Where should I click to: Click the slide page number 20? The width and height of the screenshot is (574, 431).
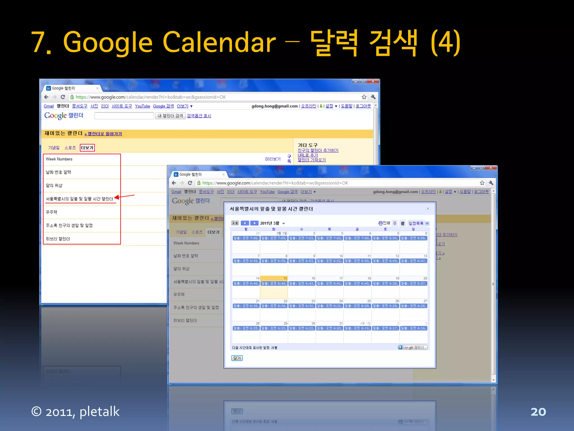coord(538,412)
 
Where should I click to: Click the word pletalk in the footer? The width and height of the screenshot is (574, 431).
coord(99,412)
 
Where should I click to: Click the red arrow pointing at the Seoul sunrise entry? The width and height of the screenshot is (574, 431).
coord(124,196)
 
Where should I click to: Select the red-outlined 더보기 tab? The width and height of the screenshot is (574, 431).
coord(87,148)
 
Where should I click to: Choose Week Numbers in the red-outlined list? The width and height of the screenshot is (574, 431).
coord(59,159)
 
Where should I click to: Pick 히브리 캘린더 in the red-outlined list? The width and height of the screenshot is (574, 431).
coord(58,239)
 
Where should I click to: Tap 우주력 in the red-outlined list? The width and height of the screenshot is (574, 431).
coord(52,212)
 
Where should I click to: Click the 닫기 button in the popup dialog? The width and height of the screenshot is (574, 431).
coord(237,358)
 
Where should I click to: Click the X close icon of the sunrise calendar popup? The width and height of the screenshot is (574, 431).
coord(428,208)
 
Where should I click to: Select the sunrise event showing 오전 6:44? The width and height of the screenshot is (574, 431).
coord(274,283)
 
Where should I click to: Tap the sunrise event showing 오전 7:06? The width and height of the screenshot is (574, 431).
coord(246,238)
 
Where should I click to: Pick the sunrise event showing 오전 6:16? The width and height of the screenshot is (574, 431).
coord(413,328)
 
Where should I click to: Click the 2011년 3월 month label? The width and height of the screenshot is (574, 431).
coord(270,223)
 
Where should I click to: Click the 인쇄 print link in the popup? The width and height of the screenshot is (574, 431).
coord(384,223)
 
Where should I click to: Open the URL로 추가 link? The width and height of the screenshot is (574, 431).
coord(308,155)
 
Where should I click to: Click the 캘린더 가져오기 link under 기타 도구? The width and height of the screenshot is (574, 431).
coord(312,160)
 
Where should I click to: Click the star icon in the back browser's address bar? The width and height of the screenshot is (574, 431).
coord(364,97)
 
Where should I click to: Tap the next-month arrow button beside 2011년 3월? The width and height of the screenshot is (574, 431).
coord(254,223)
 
